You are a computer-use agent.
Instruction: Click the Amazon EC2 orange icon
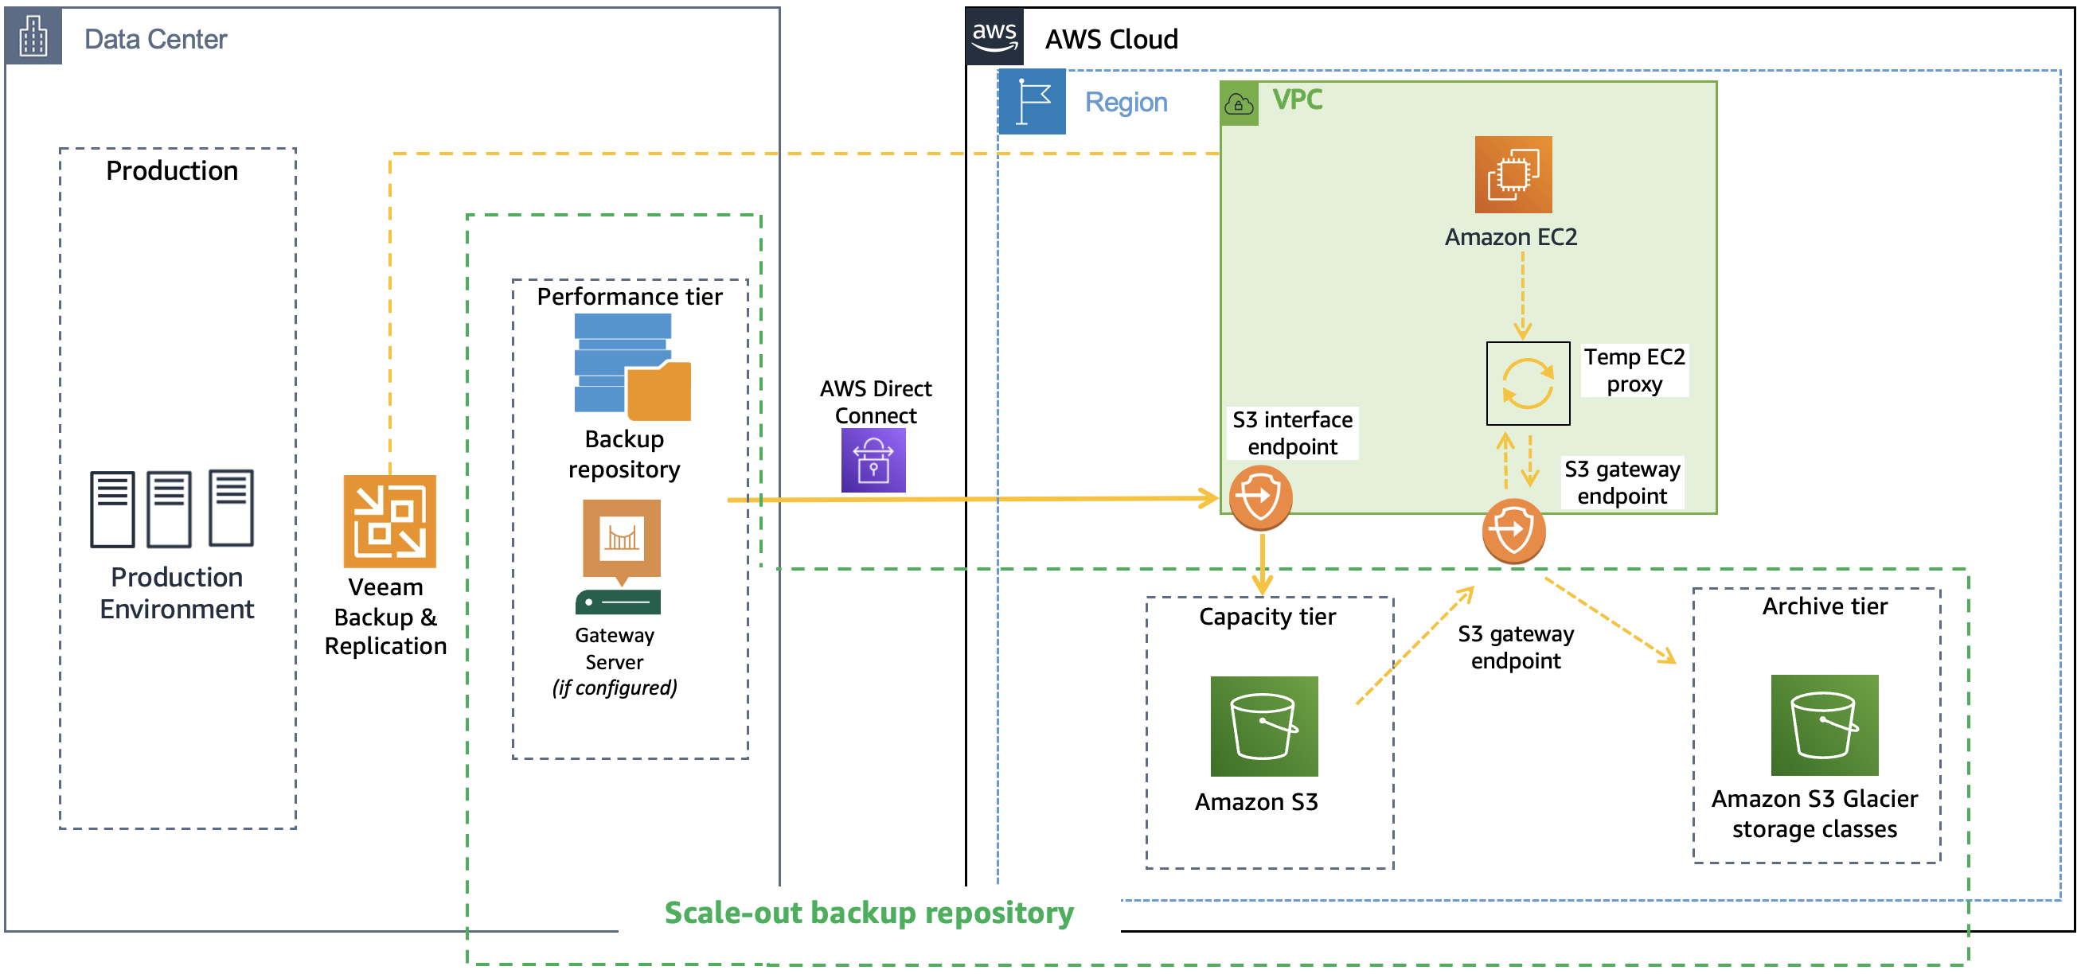click(1513, 173)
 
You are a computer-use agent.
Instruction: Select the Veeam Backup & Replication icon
click(389, 521)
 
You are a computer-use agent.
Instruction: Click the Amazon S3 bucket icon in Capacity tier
click(1263, 725)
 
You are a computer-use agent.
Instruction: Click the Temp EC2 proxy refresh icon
click(1528, 383)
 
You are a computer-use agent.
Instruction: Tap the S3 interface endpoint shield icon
click(1259, 497)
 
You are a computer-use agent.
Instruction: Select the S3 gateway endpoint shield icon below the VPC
click(1513, 531)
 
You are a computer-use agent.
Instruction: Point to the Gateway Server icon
click(620, 555)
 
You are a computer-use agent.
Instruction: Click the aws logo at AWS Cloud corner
click(994, 37)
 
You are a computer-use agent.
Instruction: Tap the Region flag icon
click(1032, 102)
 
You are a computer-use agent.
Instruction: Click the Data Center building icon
click(33, 37)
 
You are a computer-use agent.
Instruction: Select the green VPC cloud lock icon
click(1239, 103)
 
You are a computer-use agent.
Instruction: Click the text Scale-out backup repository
click(869, 912)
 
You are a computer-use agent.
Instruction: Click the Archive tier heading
click(1824, 606)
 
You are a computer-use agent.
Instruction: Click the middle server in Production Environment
click(169, 508)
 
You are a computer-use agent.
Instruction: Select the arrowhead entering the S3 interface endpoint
click(1209, 497)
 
